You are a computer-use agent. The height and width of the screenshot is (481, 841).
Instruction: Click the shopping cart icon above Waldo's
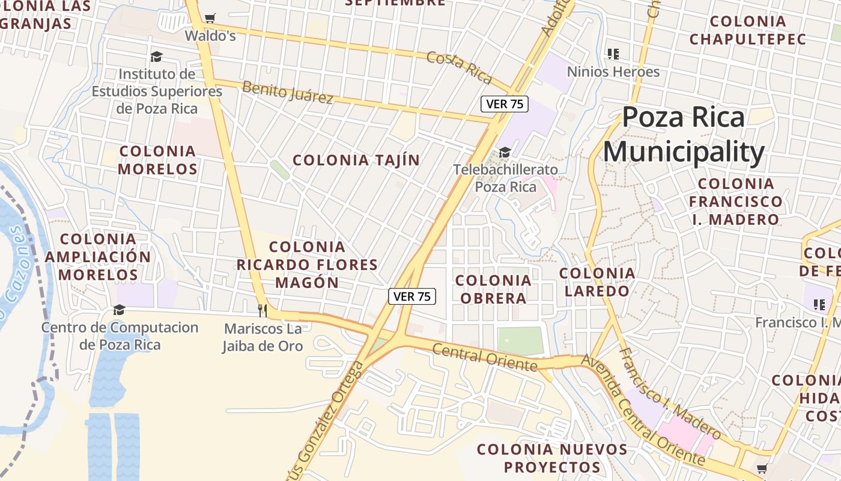click(210, 19)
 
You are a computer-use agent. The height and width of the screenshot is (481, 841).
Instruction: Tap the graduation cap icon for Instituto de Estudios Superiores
click(156, 57)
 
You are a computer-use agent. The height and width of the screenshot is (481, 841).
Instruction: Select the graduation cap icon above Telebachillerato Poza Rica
click(505, 152)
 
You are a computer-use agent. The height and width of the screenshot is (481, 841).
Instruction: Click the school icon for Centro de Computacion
click(119, 310)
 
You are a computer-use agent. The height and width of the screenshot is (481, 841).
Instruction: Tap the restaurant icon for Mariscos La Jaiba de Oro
click(262, 310)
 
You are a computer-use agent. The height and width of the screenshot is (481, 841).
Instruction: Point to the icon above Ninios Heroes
click(613, 54)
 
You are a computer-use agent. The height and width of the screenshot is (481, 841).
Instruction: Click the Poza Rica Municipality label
click(684, 135)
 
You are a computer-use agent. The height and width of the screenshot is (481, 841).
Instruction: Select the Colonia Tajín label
click(356, 160)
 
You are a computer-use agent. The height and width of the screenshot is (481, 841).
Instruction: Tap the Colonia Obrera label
click(493, 289)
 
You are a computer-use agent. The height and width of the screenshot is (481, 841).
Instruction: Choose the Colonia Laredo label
click(597, 282)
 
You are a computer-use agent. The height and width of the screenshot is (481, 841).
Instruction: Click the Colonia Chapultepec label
click(747, 30)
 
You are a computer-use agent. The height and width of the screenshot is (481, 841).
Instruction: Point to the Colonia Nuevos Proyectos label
click(552, 458)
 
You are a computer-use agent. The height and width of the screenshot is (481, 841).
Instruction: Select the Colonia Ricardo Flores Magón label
click(307, 265)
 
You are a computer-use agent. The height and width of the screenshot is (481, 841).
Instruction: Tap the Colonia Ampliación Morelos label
click(98, 257)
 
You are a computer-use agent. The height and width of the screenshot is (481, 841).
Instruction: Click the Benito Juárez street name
click(287, 92)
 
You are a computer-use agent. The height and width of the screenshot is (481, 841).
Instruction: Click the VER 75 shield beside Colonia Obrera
click(411, 296)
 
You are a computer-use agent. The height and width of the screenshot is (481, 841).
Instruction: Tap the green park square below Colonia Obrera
click(520, 341)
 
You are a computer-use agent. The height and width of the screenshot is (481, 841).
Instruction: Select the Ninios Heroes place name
click(613, 72)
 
